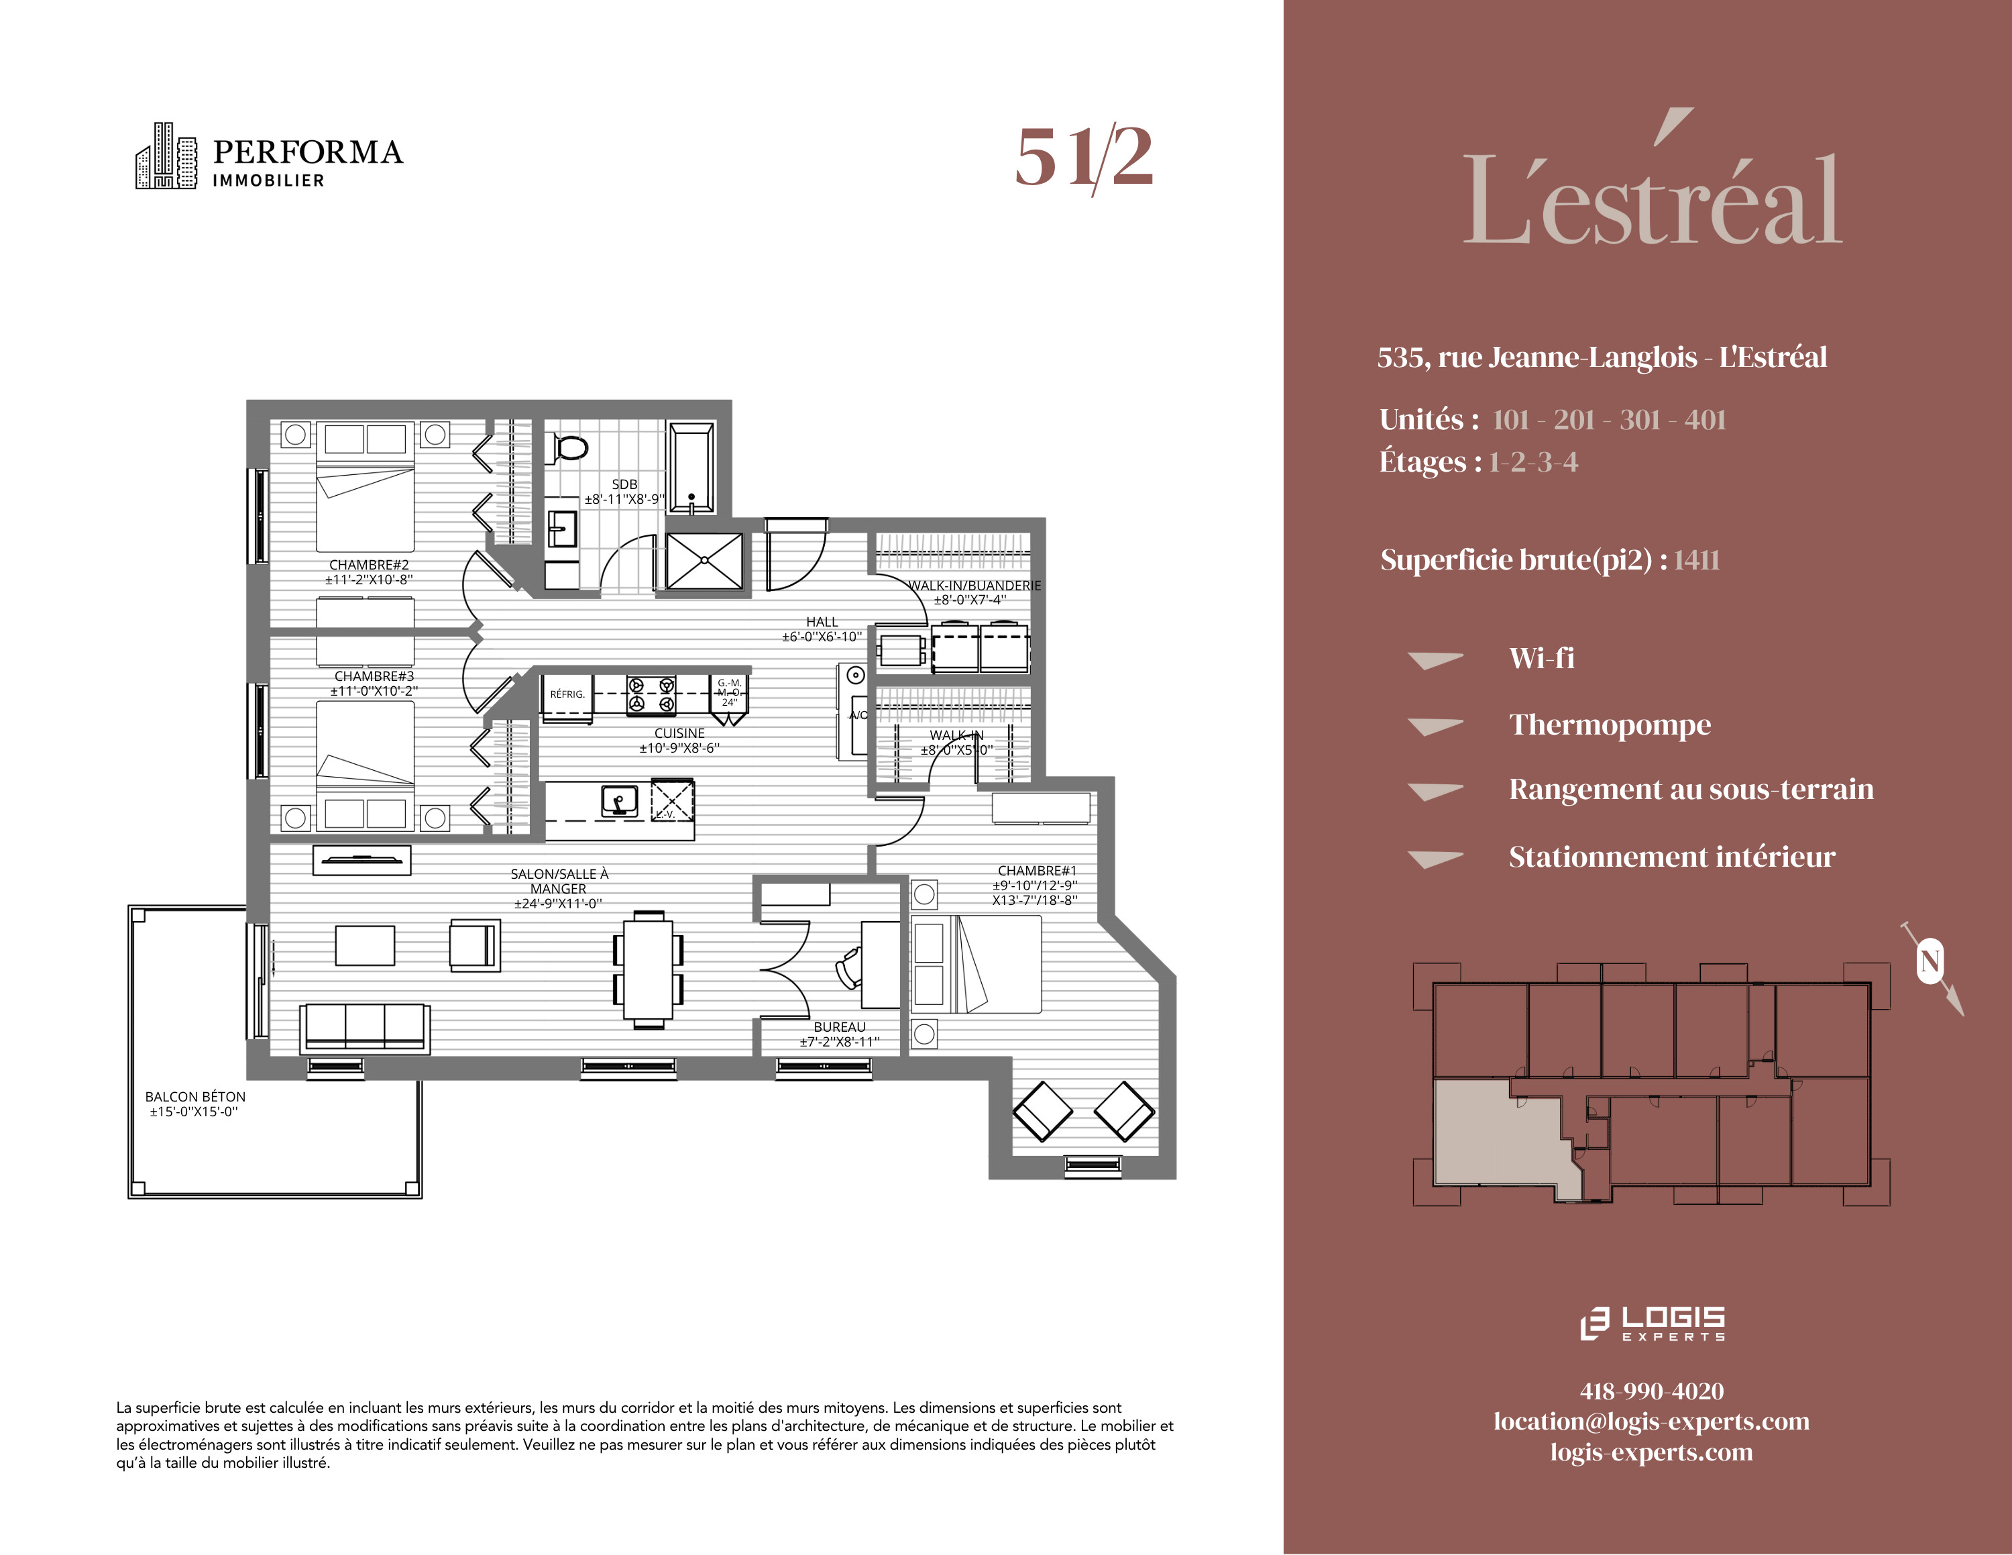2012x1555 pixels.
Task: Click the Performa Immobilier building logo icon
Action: tap(166, 156)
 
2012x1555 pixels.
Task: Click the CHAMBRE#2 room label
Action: tap(368, 565)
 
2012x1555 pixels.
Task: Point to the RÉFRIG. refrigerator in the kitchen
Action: tap(567, 694)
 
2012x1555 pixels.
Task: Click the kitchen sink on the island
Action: tap(619, 800)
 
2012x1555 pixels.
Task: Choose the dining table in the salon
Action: tap(649, 968)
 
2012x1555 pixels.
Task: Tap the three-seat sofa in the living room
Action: tap(365, 1027)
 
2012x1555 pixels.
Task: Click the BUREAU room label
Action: tap(839, 1027)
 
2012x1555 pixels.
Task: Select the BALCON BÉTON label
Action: tap(195, 1097)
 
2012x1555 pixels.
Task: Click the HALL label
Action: tap(822, 622)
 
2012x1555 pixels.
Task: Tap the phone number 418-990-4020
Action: tap(1652, 1391)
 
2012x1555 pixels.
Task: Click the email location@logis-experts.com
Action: tap(1652, 1422)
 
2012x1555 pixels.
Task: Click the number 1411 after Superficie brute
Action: tap(1697, 560)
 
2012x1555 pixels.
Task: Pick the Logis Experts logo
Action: tap(1652, 1323)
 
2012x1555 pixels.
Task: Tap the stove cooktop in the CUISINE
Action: tap(651, 694)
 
